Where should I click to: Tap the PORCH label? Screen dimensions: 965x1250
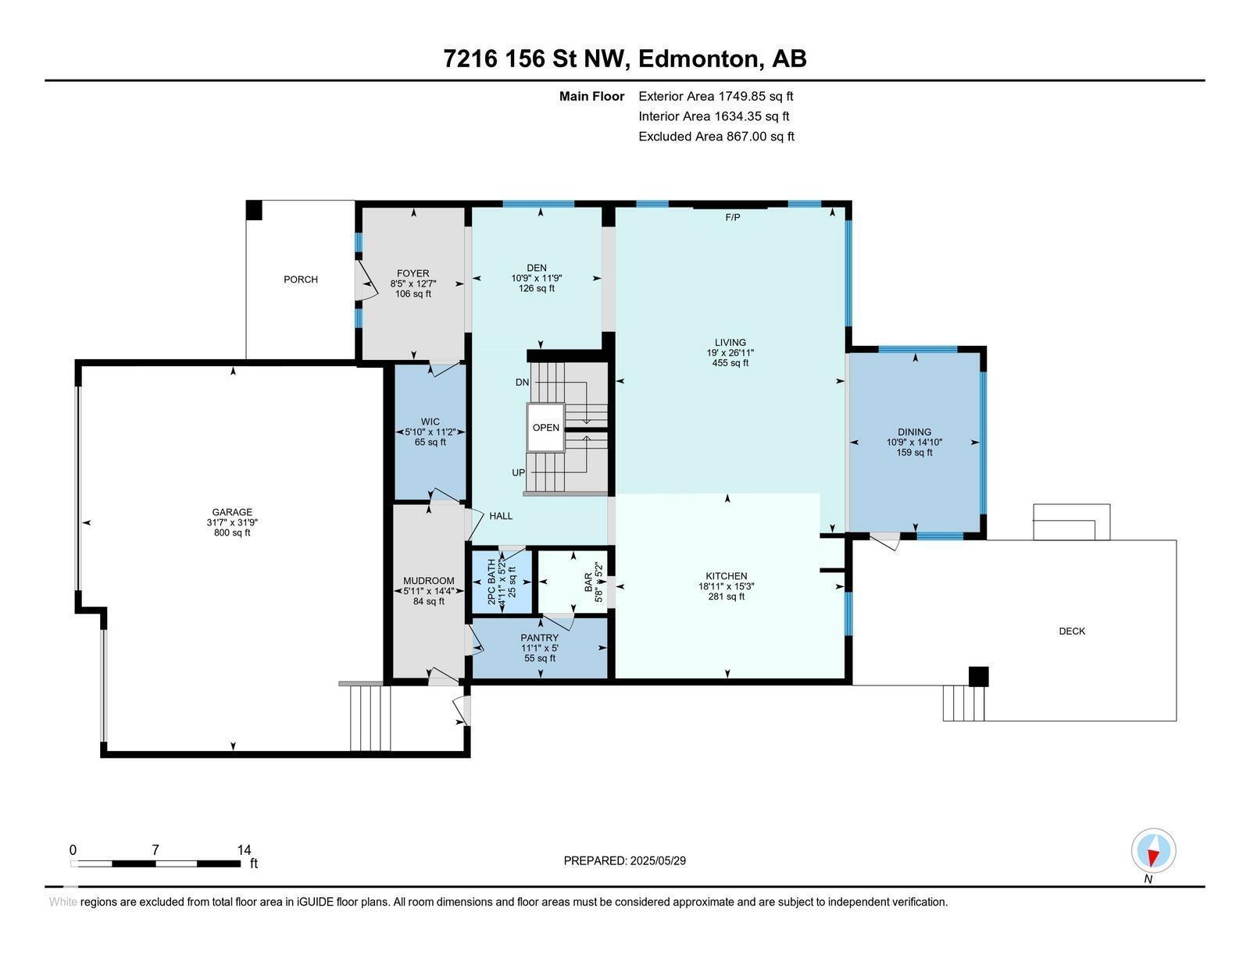301,280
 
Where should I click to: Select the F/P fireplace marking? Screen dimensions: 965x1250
732,218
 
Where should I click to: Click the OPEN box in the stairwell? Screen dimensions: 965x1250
545,427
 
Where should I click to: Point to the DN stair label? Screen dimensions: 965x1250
523,383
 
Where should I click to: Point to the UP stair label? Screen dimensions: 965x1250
519,473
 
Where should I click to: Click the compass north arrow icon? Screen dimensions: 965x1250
1153,851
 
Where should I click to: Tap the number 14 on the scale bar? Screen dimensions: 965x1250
244,850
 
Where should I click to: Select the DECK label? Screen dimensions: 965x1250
1072,631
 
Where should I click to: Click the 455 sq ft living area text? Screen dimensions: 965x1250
730,362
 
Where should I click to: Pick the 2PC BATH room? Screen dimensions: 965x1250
501,582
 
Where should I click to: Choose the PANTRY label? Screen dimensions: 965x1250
539,638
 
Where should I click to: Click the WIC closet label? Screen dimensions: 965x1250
430,422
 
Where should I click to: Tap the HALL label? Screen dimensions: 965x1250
501,516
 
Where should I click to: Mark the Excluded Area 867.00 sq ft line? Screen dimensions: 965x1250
716,137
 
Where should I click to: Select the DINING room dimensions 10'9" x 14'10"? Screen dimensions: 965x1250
914,442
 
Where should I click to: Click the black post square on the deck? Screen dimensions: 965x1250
978,676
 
